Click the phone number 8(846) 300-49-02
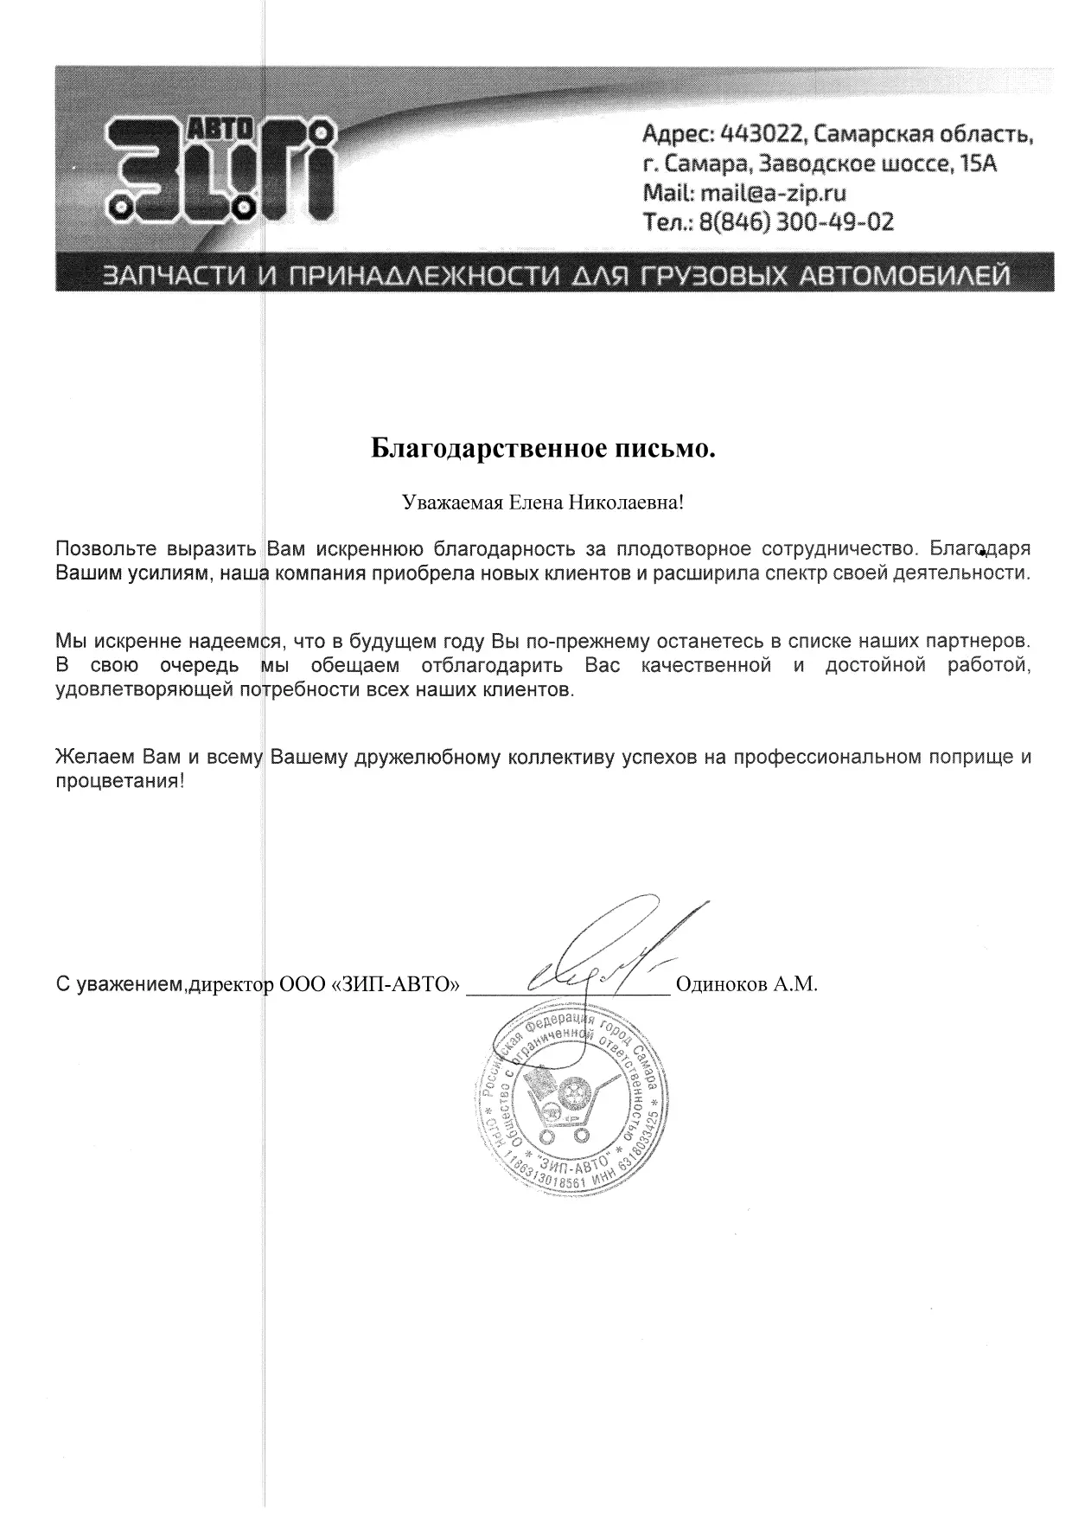point(795,222)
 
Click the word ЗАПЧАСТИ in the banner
point(174,276)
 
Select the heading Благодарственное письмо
point(544,449)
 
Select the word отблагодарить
point(492,666)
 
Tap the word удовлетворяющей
point(142,690)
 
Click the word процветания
point(119,781)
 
